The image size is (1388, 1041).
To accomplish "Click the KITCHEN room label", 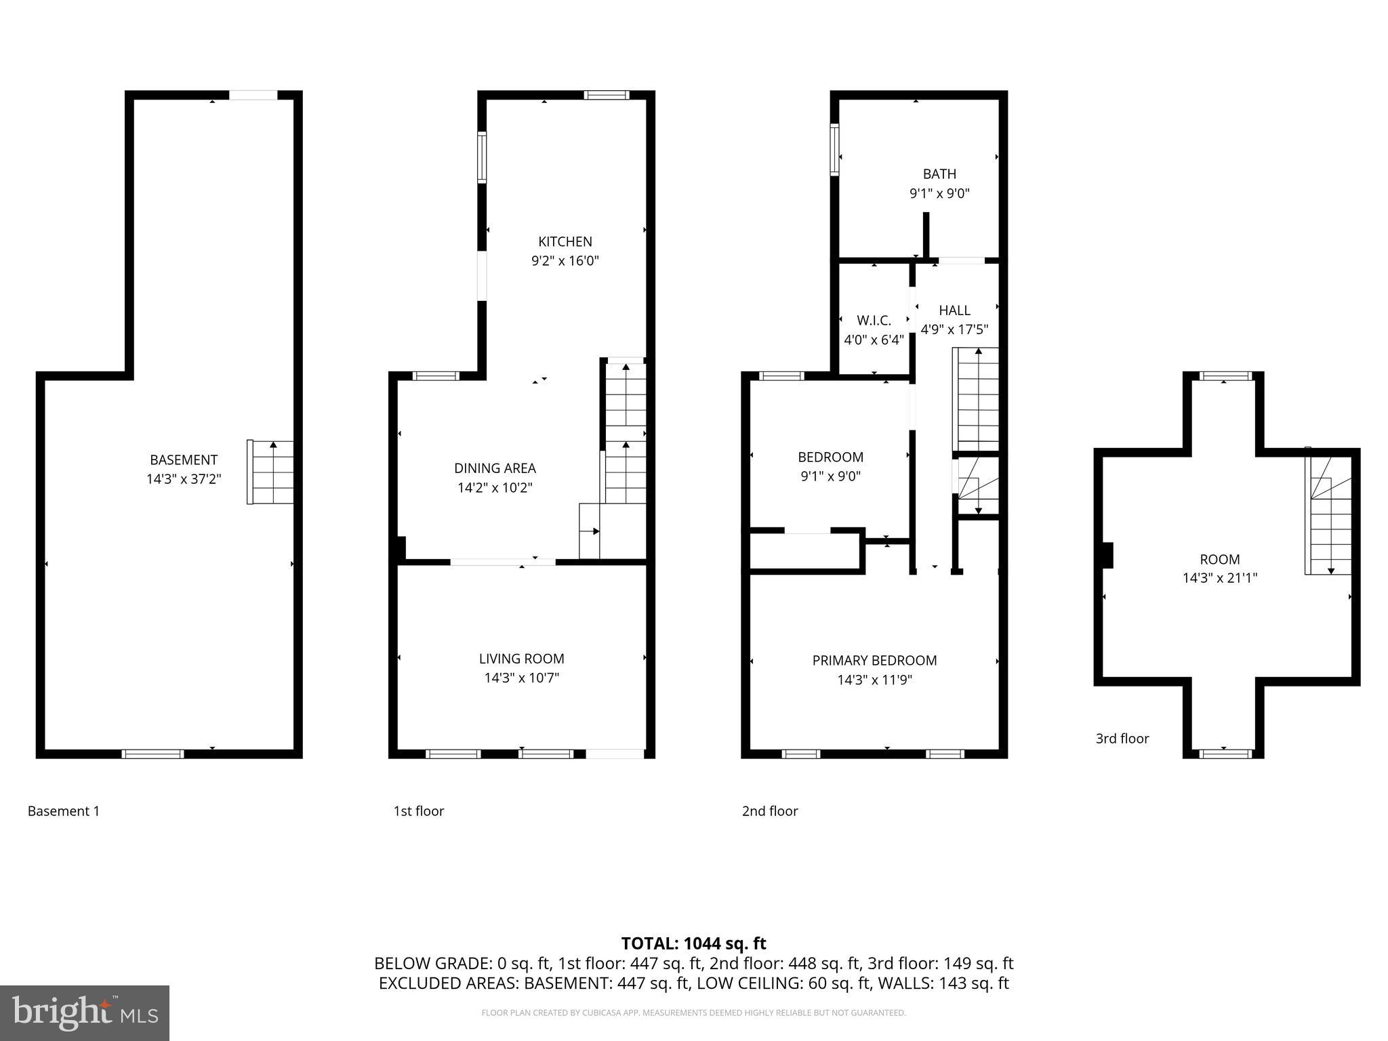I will click(x=565, y=242).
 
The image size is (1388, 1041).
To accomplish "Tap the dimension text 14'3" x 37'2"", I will click(x=184, y=479).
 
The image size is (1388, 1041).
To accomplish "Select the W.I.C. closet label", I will click(x=874, y=320).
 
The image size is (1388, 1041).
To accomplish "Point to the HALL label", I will click(x=954, y=310).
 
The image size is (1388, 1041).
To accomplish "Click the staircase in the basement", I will click(x=271, y=472).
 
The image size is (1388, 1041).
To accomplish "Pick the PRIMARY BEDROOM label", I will click(x=874, y=660).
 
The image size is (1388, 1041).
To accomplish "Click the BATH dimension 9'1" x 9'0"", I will click(x=939, y=193).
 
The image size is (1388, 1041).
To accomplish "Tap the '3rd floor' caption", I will click(x=1122, y=739).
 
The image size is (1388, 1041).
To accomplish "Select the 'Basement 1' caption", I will click(x=64, y=811).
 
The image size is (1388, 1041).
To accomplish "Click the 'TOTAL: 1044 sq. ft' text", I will click(x=693, y=943).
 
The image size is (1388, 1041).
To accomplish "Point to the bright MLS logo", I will click(x=85, y=1013).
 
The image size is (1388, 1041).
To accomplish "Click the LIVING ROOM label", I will click(x=521, y=659).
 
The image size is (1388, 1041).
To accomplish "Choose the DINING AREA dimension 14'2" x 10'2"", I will click(x=495, y=487).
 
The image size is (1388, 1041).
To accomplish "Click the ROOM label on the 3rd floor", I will click(x=1219, y=559).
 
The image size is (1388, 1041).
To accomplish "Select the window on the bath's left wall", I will click(x=835, y=150).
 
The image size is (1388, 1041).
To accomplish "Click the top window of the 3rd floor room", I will click(x=1225, y=375).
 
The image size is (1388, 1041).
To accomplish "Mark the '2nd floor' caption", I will click(x=770, y=811).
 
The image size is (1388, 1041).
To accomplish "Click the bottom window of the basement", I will click(x=152, y=754).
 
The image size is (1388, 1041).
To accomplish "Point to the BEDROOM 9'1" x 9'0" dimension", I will click(x=830, y=476).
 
